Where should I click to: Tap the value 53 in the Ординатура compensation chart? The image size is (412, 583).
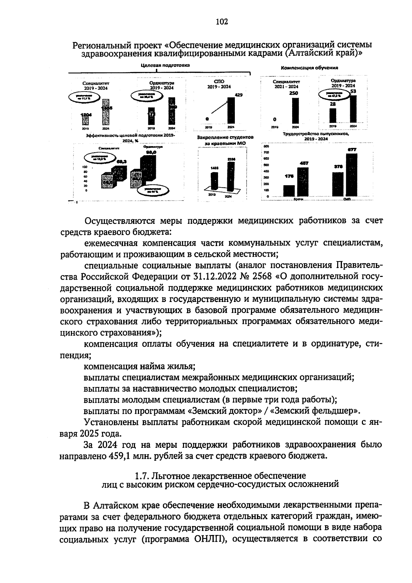(353, 91)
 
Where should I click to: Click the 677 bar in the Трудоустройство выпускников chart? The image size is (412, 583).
(352, 175)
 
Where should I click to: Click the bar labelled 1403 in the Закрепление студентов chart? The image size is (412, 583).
(214, 181)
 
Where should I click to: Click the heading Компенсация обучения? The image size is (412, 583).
(309, 68)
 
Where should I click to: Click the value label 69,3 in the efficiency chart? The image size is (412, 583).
(122, 161)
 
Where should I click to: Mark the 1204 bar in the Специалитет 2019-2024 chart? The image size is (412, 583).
(84, 119)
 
